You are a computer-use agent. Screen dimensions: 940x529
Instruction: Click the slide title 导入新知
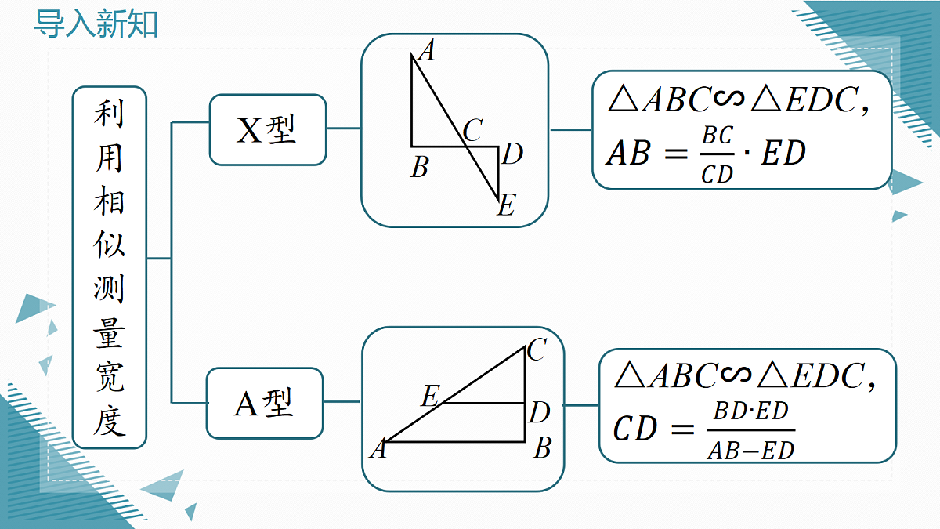pos(96,24)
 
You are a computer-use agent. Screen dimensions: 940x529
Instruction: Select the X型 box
pos(268,130)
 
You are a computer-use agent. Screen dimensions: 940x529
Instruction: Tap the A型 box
pos(265,404)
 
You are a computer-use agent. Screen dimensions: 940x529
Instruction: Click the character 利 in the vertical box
pos(109,114)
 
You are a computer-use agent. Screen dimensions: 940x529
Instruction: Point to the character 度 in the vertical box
pos(109,420)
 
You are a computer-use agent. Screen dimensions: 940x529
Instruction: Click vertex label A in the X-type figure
pos(427,51)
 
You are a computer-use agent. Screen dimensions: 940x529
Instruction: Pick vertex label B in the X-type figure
pos(419,167)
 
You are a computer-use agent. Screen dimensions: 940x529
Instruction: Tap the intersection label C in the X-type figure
pos(473,130)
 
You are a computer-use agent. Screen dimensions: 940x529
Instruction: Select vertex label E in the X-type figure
pos(506,205)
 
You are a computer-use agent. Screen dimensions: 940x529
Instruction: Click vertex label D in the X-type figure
pos(512,154)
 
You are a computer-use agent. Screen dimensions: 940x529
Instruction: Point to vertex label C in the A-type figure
pos(537,350)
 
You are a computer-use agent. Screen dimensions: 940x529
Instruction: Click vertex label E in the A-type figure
pos(431,396)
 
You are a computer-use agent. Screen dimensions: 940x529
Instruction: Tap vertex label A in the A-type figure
pos(378,448)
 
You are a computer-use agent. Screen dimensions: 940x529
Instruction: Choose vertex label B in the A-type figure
pos(543,447)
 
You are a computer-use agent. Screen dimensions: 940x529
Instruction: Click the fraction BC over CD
pos(718,154)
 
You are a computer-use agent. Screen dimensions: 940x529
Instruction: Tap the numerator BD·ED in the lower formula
pos(751,411)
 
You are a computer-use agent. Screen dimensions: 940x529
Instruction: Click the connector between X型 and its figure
pos(344,128)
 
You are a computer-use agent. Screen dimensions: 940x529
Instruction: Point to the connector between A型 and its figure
pos(342,402)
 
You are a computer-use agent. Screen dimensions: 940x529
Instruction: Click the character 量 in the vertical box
pos(109,333)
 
